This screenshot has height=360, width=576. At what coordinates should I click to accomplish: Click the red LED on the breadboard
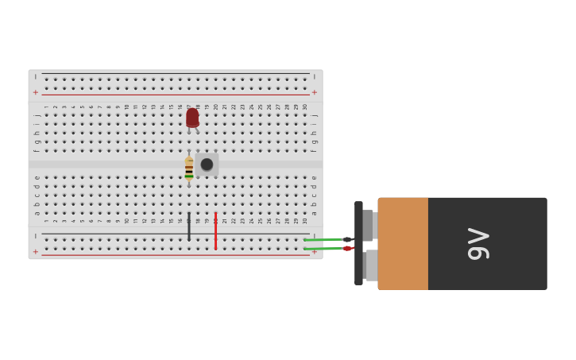(192, 118)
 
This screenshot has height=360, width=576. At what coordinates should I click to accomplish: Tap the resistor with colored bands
(189, 168)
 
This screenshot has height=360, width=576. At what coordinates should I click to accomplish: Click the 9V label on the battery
(479, 244)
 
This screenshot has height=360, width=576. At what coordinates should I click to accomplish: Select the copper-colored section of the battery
(403, 243)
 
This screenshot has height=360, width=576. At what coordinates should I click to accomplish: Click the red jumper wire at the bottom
(215, 230)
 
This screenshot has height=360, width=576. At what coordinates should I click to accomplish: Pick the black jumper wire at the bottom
(189, 226)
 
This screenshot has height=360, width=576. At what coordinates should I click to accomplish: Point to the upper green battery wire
(324, 239)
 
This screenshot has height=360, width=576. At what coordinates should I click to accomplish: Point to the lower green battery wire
(324, 249)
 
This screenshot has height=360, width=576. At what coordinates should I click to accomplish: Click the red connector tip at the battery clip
(347, 249)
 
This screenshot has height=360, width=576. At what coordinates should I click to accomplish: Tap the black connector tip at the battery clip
(347, 239)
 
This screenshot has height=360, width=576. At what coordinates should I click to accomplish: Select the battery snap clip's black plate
(358, 243)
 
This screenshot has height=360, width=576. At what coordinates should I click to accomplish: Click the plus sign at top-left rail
(36, 92)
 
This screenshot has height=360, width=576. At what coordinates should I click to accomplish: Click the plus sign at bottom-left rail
(36, 252)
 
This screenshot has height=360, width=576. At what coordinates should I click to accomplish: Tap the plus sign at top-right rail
(315, 92)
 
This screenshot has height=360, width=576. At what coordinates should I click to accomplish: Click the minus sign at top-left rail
(36, 77)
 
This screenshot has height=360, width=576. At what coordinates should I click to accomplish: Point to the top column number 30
(305, 106)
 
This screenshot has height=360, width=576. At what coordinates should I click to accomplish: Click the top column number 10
(127, 106)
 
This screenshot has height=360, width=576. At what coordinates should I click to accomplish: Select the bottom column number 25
(261, 221)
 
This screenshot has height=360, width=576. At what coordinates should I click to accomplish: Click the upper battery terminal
(368, 225)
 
